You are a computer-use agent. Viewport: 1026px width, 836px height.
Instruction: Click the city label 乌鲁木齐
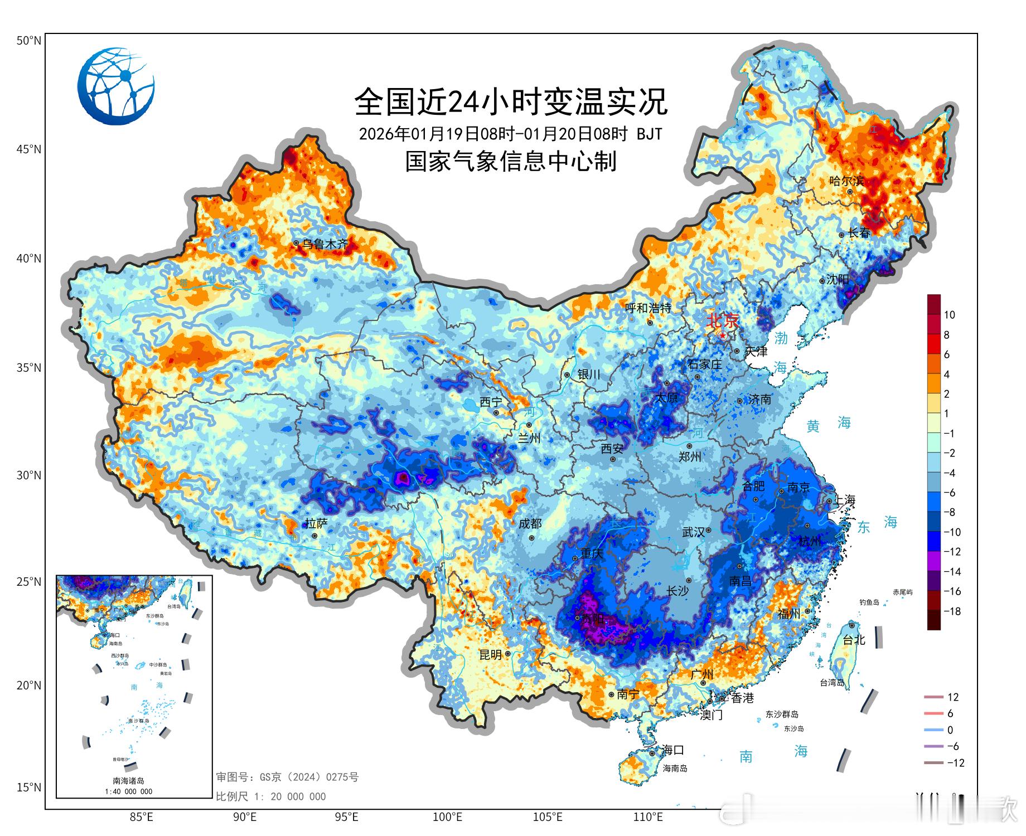325,244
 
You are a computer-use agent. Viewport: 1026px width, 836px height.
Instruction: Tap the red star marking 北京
723,336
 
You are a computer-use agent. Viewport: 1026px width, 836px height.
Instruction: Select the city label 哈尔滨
846,181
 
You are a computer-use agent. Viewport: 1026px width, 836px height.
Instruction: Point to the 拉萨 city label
316,523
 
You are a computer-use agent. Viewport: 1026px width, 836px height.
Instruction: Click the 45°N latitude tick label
28,149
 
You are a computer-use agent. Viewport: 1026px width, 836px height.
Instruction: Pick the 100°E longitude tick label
447,818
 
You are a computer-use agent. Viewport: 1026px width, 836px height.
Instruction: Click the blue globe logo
116,86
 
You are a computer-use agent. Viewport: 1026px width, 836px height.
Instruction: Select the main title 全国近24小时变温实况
510,101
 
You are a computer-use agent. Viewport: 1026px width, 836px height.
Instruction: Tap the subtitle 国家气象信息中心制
510,162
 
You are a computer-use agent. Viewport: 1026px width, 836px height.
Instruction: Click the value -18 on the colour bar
952,611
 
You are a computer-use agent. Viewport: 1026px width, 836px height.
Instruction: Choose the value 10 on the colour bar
949,315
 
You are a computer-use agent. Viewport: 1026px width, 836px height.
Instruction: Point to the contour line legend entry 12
953,697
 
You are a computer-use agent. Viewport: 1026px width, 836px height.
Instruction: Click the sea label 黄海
829,425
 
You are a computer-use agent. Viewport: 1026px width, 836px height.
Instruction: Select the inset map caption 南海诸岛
128,781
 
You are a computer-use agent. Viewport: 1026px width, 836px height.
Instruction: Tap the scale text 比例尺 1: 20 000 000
271,796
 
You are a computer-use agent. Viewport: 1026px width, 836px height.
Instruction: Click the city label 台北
853,640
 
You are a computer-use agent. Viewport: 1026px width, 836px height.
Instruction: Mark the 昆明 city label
491,655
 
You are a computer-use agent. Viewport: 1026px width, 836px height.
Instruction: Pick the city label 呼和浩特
647,308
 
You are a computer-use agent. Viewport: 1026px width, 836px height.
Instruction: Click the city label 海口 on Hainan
672,750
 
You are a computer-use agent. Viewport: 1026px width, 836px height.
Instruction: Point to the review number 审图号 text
287,777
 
